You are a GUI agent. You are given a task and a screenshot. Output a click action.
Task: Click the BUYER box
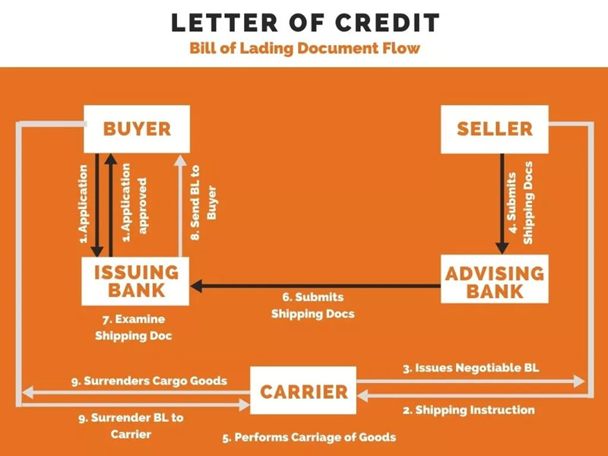tap(137, 128)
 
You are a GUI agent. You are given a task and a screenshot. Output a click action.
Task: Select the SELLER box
tap(495, 128)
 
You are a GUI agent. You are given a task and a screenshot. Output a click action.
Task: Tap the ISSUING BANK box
tap(137, 281)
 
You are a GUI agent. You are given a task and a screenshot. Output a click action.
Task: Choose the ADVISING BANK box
tap(495, 281)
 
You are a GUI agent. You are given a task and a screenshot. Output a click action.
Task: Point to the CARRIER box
tap(303, 392)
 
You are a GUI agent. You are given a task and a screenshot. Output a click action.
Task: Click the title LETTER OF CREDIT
tap(305, 22)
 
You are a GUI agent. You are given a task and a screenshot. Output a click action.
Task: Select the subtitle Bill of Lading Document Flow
tap(305, 49)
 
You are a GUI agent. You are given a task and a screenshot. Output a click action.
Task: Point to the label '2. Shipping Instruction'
tap(468, 410)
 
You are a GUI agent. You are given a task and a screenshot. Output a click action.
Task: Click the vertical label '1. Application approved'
tap(132, 202)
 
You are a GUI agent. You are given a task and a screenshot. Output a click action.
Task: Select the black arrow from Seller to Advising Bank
tap(502, 202)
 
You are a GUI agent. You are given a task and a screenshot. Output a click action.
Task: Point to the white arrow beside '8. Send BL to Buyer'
tap(179, 205)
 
